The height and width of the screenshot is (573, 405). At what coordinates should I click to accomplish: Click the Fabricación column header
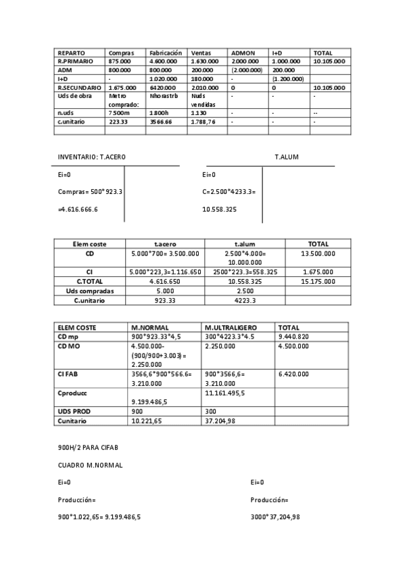pos(166,53)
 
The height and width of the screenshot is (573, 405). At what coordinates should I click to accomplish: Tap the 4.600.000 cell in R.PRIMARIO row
pos(163,61)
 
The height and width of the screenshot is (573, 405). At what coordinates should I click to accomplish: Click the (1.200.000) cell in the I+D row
pos(287,78)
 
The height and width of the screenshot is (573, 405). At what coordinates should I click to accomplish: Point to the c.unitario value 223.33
pos(118,122)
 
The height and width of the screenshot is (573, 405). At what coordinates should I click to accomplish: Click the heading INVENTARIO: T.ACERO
pos(91,157)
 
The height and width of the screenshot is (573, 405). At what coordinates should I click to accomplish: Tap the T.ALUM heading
pos(286,157)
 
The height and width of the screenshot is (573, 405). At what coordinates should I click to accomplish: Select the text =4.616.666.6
pos(78,209)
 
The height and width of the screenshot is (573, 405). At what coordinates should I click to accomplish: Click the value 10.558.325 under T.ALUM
pos(219,209)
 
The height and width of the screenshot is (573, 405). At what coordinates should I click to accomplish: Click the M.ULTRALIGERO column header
pos(230,328)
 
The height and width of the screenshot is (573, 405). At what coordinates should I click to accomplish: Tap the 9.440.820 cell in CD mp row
pos(293,337)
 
